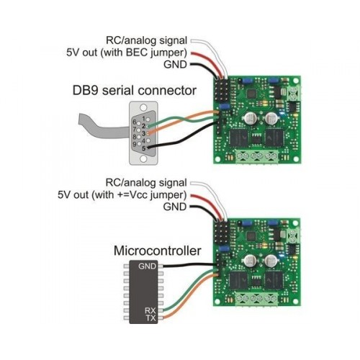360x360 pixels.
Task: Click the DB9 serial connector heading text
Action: coord(135,91)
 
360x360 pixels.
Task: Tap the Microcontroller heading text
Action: coord(158,251)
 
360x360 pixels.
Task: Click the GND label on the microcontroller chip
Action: coord(147,266)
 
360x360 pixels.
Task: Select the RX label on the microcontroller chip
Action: coord(150,310)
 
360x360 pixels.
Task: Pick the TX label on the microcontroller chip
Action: coord(150,318)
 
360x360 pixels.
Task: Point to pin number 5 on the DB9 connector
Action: coord(144,148)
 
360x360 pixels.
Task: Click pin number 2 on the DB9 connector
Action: coord(143,126)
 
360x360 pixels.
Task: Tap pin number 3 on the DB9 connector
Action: coord(143,133)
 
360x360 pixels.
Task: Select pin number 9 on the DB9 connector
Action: coord(135,145)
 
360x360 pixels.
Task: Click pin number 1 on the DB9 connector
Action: coord(144,119)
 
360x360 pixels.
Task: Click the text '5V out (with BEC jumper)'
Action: coord(127,53)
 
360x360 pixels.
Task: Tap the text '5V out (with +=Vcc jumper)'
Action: coord(122,195)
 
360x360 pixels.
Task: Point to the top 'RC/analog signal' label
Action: coord(146,40)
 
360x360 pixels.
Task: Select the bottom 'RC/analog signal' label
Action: coord(146,183)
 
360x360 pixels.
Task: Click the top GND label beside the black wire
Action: coord(175,65)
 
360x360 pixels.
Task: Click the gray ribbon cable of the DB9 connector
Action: coord(103,128)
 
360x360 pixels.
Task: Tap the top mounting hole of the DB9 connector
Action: coord(143,107)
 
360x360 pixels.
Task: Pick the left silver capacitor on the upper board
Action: coord(251,118)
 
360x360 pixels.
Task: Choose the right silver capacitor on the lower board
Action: coord(271,261)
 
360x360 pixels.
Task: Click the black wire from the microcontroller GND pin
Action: coord(189,266)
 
